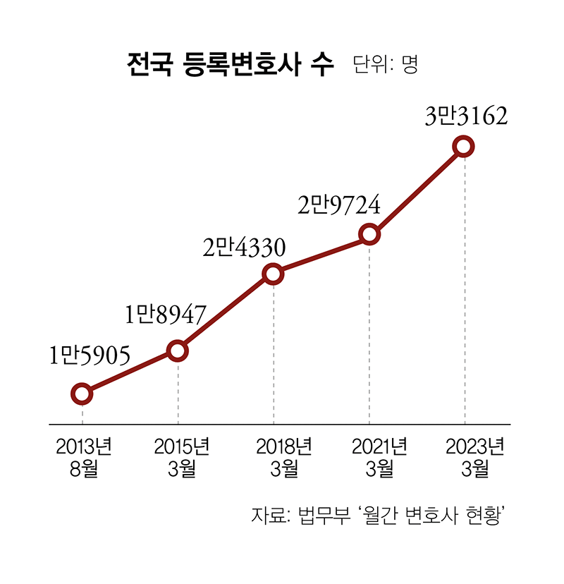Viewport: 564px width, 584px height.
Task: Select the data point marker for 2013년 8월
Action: pyautogui.click(x=82, y=394)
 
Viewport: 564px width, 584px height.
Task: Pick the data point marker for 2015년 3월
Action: pyautogui.click(x=178, y=350)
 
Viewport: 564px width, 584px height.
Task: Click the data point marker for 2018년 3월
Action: pyautogui.click(x=274, y=274)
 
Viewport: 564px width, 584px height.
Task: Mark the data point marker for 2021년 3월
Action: pyautogui.click(x=369, y=234)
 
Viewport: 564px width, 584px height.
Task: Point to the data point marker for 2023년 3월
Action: pyautogui.click(x=464, y=147)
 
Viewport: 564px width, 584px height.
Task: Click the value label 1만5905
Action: pyautogui.click(x=90, y=356)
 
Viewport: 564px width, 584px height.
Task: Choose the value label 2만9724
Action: pyautogui.click(x=338, y=206)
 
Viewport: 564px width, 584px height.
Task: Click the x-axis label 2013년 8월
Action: pyautogui.click(x=83, y=457)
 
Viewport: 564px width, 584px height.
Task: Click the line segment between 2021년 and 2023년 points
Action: pyautogui.click(x=417, y=190)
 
